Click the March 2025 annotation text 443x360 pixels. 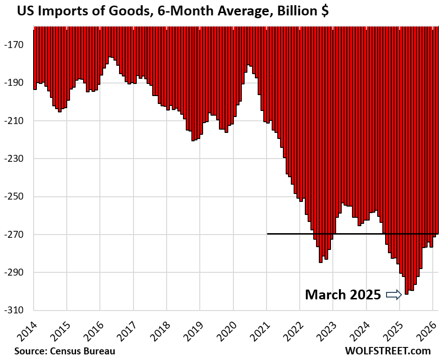click(343, 295)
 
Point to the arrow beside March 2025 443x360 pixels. click(394, 295)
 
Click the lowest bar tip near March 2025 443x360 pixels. click(407, 294)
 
